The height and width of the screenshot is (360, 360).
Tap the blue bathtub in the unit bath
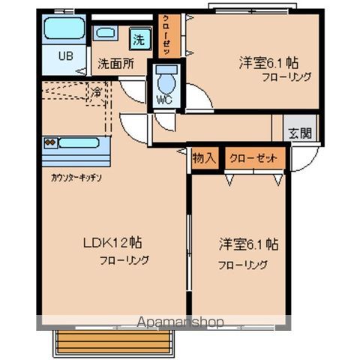coord(63,29)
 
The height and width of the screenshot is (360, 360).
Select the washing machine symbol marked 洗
coord(139,36)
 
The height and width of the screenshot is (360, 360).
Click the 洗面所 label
coord(116,64)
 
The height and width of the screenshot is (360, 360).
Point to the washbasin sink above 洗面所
coord(106,33)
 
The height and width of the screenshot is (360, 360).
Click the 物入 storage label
coord(204,158)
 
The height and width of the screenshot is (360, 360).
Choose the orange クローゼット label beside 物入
coord(256,158)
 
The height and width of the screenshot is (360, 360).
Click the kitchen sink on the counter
coord(78,142)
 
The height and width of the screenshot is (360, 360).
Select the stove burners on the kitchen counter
coord(50,142)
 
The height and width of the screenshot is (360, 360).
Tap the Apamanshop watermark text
coord(180,322)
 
